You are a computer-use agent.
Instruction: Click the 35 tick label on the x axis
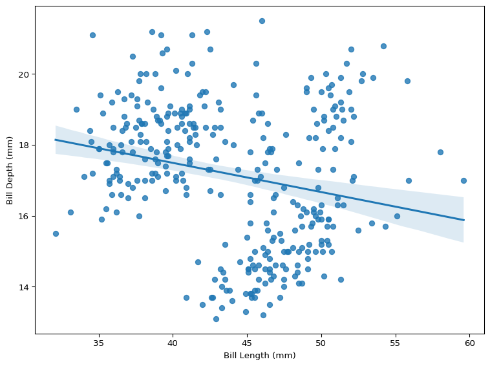point(99,343)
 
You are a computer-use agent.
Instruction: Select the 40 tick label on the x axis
point(173,343)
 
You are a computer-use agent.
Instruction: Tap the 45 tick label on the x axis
point(247,343)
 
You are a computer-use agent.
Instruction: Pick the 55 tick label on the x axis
point(395,343)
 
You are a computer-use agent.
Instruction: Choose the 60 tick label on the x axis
point(469,343)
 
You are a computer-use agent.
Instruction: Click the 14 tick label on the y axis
point(24,287)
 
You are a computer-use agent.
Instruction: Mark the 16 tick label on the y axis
point(24,216)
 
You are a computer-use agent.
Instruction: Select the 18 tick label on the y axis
point(24,145)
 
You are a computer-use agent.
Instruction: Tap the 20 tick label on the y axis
point(24,74)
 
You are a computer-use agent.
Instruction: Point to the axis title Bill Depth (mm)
point(10,170)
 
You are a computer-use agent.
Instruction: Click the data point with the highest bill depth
point(262,21)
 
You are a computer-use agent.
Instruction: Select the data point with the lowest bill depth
point(216,319)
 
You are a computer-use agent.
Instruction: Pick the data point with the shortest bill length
point(56,233)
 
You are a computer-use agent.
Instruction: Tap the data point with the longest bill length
point(463,180)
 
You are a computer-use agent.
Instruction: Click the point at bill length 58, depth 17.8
point(440,152)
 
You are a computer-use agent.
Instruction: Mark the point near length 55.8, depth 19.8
point(407,81)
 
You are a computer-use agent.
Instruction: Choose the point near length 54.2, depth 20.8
point(383,46)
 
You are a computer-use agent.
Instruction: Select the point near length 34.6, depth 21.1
point(92,35)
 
